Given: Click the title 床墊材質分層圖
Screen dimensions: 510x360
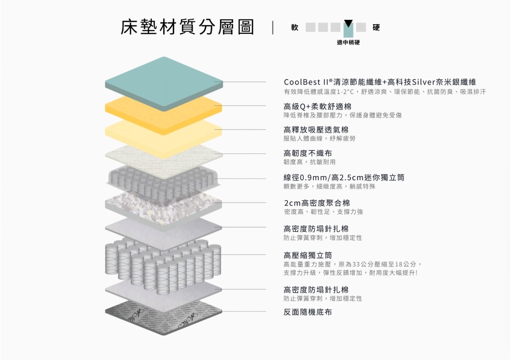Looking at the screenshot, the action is (x=187, y=27).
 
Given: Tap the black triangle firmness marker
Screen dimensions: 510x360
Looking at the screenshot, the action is (x=348, y=24).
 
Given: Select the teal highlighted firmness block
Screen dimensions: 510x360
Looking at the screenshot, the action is (x=348, y=30).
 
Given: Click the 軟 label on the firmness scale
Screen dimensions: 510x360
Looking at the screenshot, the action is (x=295, y=28).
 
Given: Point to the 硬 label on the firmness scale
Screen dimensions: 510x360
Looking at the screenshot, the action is (x=376, y=28).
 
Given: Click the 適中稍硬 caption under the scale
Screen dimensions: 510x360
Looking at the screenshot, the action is (x=348, y=42).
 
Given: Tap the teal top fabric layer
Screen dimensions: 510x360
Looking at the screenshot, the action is (x=164, y=82).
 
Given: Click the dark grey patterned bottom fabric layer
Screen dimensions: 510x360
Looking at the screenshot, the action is (x=164, y=317).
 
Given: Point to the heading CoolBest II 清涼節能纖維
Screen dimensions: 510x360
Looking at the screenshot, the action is (x=332, y=82).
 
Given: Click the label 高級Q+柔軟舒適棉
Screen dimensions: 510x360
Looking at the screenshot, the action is (x=317, y=106).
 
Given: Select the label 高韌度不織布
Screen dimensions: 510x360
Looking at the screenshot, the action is (x=308, y=153).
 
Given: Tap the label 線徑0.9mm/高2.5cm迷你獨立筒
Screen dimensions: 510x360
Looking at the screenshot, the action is (x=344, y=178).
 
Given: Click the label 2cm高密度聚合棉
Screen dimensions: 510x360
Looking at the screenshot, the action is (x=317, y=203).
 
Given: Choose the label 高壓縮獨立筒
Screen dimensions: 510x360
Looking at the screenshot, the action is (x=308, y=255).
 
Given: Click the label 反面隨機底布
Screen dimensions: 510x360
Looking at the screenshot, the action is (x=308, y=312).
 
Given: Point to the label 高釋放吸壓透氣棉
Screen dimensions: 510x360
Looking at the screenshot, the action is (x=316, y=130).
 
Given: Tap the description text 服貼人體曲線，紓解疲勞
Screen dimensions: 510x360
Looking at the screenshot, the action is (x=319, y=138).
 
